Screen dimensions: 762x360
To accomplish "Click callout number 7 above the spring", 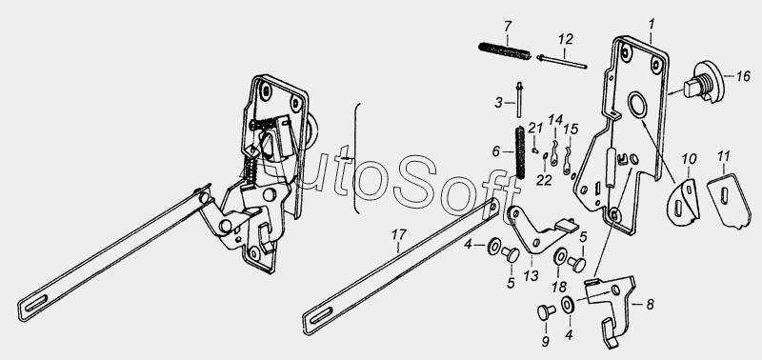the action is (508, 27).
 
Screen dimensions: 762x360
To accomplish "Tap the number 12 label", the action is (565, 39).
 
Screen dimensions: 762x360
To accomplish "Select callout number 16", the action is (743, 76).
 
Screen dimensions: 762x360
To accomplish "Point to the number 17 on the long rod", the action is (398, 234).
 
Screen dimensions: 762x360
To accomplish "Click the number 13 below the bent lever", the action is (531, 276).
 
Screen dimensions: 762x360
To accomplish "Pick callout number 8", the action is (650, 305).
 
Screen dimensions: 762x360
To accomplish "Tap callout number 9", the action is (545, 342).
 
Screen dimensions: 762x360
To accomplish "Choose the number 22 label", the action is (544, 180).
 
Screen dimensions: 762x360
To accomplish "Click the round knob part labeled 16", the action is (704, 83).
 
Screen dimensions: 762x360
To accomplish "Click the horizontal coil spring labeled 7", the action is (504, 51).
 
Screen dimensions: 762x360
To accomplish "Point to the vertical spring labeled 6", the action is (520, 152).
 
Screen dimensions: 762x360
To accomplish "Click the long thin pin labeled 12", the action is (562, 62).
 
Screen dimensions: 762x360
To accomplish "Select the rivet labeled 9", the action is (546, 311).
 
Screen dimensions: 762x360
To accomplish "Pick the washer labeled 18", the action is (559, 256).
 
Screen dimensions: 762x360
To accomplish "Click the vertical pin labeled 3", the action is (519, 100).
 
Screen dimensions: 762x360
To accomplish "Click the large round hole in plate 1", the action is (637, 104).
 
